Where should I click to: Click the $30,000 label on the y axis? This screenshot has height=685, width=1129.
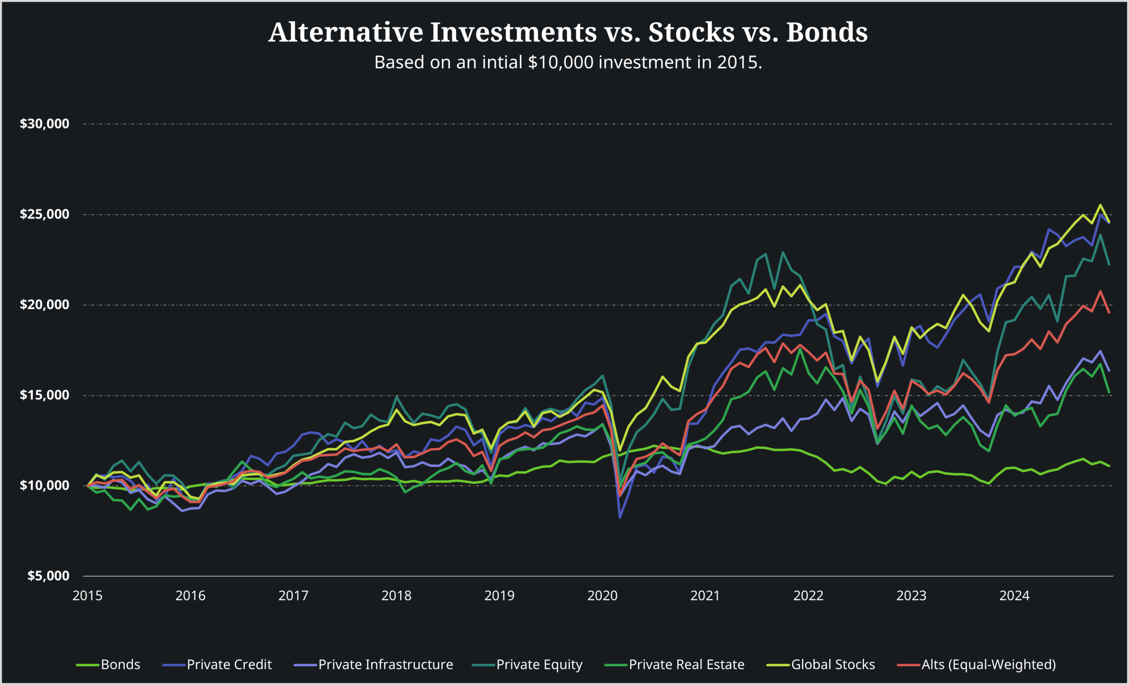pos(45,123)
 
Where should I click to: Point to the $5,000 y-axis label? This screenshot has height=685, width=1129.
pos(48,576)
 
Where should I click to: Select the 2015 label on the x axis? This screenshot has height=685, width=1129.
pos(87,595)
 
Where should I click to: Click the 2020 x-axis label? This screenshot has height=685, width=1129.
pos(602,595)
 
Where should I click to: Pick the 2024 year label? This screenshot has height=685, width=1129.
pos(1014,595)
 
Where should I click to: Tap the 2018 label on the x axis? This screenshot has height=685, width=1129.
pos(396,595)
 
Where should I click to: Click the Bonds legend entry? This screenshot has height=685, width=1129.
pos(120,664)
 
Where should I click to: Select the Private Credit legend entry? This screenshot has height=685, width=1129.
pos(229,664)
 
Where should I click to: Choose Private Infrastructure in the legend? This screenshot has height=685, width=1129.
pos(385,664)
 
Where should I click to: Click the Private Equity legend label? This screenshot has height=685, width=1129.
pos(539,664)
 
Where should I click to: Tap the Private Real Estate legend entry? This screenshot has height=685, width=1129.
pos(686,664)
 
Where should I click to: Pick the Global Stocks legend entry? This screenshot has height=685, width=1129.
pos(833,664)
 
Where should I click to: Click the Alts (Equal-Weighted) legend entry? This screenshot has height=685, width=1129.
pos(988,664)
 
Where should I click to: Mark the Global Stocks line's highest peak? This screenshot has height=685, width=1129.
pos(1100,205)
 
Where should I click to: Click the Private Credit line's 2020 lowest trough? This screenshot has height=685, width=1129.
pos(620,518)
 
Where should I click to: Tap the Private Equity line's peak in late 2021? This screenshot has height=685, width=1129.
pos(783,252)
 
